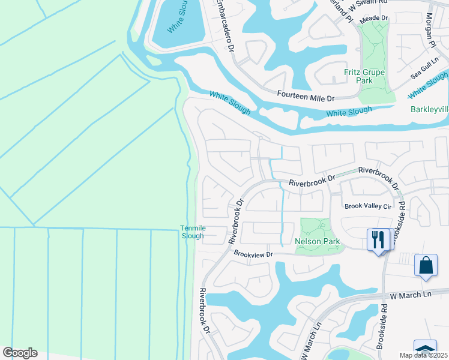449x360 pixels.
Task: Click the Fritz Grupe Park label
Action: pos(364,76)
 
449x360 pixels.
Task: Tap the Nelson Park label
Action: pos(318,242)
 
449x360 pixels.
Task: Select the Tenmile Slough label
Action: pos(192,232)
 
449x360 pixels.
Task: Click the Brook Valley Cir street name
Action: pos(368,206)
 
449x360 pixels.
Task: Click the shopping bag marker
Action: pos(426,265)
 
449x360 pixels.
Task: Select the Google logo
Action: pos(20,353)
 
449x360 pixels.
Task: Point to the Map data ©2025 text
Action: pos(423,355)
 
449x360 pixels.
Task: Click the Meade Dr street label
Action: pos(374,19)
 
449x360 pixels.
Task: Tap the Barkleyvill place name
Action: pos(429,110)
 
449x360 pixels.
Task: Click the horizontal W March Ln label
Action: pos(411,295)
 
